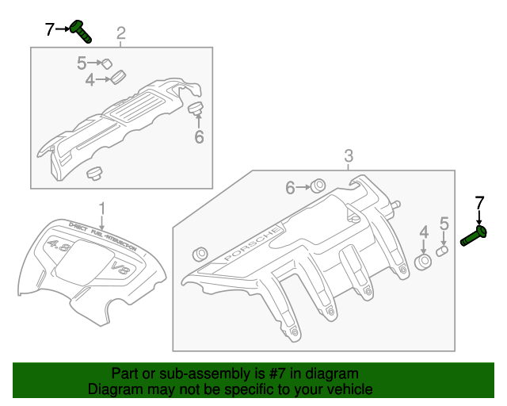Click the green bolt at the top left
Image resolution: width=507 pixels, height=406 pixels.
pyautogui.click(x=81, y=32)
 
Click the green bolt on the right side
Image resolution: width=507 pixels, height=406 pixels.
pyautogui.click(x=475, y=236)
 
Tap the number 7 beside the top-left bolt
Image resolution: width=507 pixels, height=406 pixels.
pyautogui.click(x=49, y=30)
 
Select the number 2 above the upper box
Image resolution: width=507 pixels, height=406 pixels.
pyautogui.click(x=121, y=33)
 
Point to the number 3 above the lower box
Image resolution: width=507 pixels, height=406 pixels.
pyautogui.click(x=348, y=156)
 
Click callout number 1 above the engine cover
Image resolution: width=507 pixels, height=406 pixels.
pyautogui.click(x=101, y=209)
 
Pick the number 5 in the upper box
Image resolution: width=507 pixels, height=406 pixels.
pyautogui.click(x=82, y=63)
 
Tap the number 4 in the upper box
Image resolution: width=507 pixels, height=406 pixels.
pyautogui.click(x=90, y=79)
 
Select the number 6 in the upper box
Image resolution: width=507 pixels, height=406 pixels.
pyautogui.click(x=199, y=137)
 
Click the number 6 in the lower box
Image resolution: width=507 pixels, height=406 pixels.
pyautogui.click(x=290, y=187)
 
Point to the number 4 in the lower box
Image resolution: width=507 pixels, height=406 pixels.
pyautogui.click(x=424, y=232)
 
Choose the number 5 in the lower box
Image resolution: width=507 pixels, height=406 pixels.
pyautogui.click(x=444, y=224)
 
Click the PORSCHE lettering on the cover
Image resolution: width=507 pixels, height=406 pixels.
pyautogui.click(x=251, y=245)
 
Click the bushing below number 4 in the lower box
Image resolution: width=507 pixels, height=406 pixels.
pyautogui.click(x=425, y=261)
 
